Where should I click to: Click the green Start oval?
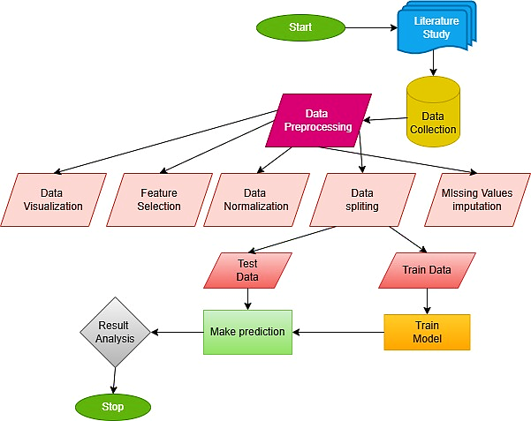pyautogui.click(x=300, y=27)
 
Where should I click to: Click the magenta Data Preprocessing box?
pyautogui.click(x=317, y=120)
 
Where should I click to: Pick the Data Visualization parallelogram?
pyautogui.click(x=61, y=199)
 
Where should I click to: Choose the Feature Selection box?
pyautogui.click(x=160, y=199)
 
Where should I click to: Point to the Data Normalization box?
pyautogui.click(x=255, y=199)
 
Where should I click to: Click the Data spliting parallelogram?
pyautogui.click(x=362, y=199)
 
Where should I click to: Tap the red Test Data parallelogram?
pyautogui.click(x=248, y=270)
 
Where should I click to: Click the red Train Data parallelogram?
pyautogui.click(x=427, y=270)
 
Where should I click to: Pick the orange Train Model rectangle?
pyautogui.click(x=427, y=332)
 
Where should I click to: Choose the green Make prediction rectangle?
pyautogui.click(x=247, y=332)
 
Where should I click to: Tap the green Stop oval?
pyautogui.click(x=112, y=406)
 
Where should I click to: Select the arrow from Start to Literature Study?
pyautogui.click(x=371, y=27)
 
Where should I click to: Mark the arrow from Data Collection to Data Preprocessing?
pyautogui.click(x=387, y=118)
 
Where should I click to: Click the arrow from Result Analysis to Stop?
pyautogui.click(x=113, y=380)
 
